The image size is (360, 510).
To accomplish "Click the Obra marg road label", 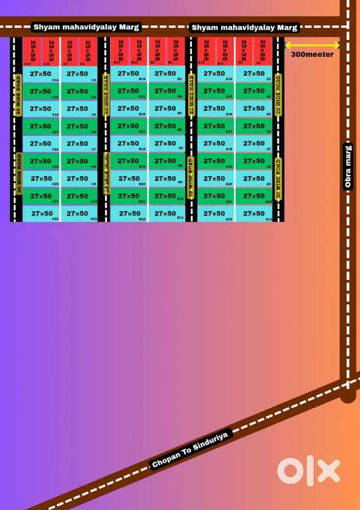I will pos(348,167).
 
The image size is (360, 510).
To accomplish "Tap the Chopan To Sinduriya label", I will pos(191,449).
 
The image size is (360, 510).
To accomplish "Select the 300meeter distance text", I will pos(312,54).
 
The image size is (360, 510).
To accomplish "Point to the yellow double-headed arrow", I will pos(312,45).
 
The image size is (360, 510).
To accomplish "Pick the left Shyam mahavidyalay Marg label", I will pos(86,27).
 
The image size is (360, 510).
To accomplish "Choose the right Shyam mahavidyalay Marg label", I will pos(244,27).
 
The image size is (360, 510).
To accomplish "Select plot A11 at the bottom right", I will pos(254,214).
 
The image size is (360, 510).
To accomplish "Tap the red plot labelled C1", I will pos(88,51).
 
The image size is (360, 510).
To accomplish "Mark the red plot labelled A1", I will pos(262,51).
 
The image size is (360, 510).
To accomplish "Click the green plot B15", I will pos(129,91).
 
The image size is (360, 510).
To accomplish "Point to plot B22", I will pos(129,214).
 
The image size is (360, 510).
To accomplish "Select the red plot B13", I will pos(120,51).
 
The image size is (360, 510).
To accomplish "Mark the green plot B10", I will pos(166,196).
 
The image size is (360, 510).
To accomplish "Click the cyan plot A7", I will pos(254,144).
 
